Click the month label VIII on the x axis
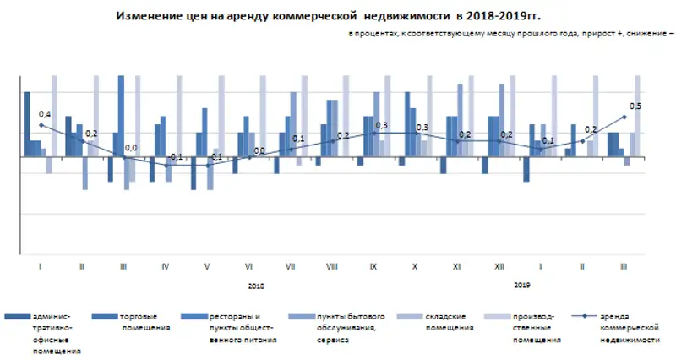point(332,266)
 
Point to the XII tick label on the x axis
point(498,266)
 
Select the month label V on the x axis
point(207,266)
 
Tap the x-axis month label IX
point(373,266)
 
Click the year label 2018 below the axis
point(256,286)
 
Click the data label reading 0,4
point(45,113)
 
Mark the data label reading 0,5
point(635,106)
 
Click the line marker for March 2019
point(624,117)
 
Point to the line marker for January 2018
point(41,125)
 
